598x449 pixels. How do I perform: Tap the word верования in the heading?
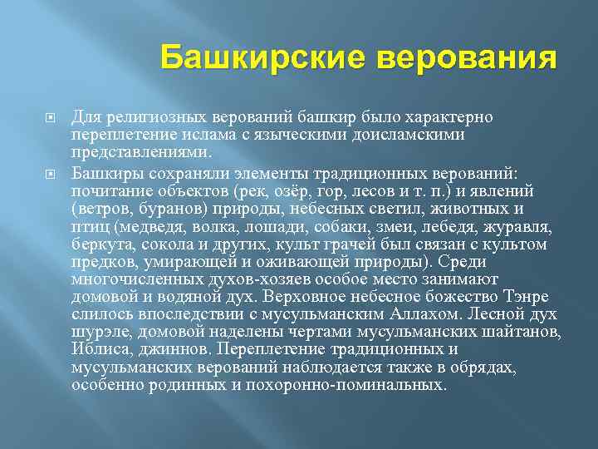467,60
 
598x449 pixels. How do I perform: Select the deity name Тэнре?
526,297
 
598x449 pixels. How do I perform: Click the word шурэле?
98,333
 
